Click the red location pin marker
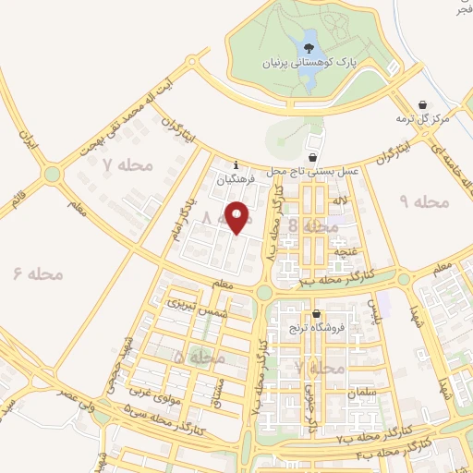click(x=238, y=217)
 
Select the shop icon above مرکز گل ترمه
click(x=422, y=104)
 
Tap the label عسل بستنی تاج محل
click(x=312, y=172)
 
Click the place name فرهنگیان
click(x=234, y=182)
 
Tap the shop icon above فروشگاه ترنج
click(x=317, y=314)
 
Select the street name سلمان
click(x=363, y=393)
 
